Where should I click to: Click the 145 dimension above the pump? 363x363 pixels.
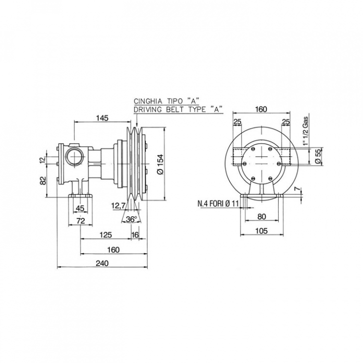(x=102, y=118)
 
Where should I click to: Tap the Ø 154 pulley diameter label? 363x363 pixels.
(x=160, y=164)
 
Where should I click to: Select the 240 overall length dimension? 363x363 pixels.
(x=102, y=263)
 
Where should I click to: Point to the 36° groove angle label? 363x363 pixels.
(x=131, y=219)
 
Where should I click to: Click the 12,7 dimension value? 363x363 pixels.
(x=118, y=205)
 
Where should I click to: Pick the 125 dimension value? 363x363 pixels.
(x=105, y=235)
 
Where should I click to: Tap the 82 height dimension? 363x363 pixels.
(x=43, y=180)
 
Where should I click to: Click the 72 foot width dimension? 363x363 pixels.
(x=81, y=221)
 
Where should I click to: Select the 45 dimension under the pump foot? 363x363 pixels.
(x=80, y=208)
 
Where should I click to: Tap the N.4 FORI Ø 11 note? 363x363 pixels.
(x=218, y=204)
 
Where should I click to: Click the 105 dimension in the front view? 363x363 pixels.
(x=262, y=231)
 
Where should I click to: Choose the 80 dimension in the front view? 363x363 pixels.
(x=262, y=216)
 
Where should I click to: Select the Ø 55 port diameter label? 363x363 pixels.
(x=319, y=157)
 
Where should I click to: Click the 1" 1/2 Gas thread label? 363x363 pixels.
(x=306, y=131)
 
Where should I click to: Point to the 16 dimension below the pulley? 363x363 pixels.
(x=135, y=235)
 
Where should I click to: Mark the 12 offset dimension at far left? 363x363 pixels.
(x=42, y=160)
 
